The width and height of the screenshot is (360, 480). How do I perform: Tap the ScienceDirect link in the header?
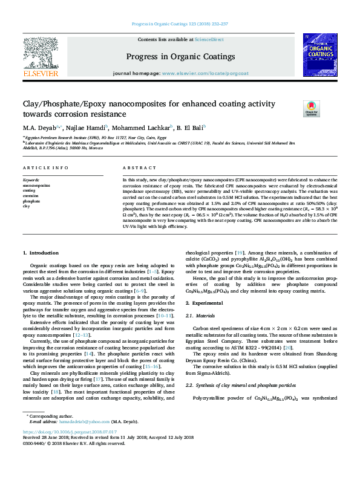209,39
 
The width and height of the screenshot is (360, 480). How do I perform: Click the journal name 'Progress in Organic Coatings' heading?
180,57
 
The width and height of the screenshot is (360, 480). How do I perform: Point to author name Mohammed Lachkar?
143,128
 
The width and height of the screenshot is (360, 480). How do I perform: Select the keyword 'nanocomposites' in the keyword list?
36,185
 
